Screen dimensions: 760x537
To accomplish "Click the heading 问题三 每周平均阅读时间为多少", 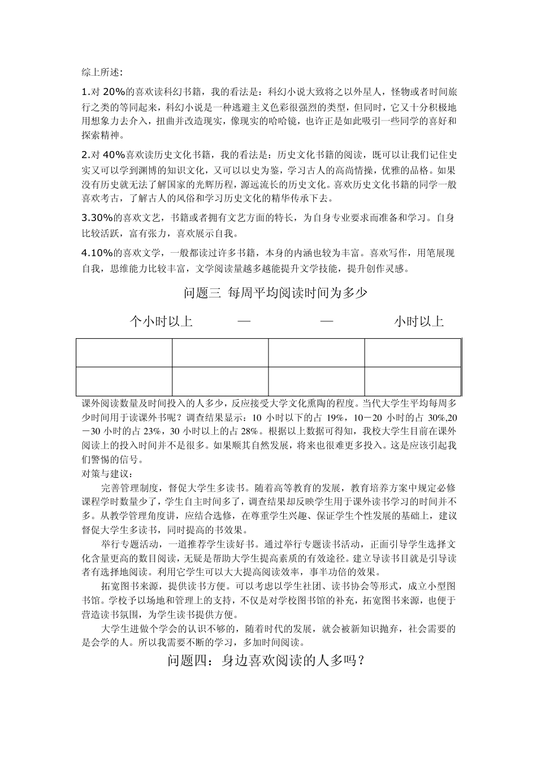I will tap(276, 293).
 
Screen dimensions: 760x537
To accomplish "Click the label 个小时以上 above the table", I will tap(161, 322).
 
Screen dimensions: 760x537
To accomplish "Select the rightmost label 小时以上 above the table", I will tap(419, 322).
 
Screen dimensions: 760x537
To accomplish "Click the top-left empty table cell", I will tap(124, 353).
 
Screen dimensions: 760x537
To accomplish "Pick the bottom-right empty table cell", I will tap(413, 381).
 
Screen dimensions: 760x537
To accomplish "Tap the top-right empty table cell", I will tap(413, 353).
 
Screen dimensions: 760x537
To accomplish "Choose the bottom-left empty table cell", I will tap(124, 381).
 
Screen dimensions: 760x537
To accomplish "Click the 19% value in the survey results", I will tap(336, 418).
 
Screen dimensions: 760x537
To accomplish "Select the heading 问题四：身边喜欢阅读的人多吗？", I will tap(266, 660).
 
